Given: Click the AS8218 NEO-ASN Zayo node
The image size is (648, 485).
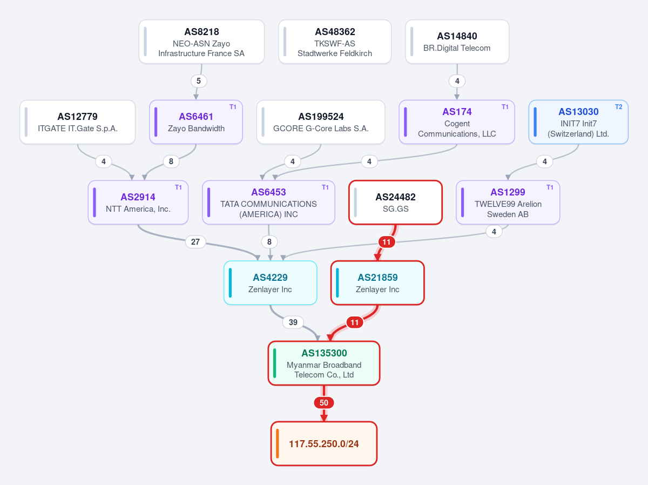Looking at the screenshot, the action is pyautogui.click(x=201, y=42).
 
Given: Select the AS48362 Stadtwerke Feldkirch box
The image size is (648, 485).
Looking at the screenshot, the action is pyautogui.click(x=335, y=42).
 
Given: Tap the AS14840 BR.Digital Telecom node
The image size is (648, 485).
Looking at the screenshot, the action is pyautogui.click(x=457, y=42).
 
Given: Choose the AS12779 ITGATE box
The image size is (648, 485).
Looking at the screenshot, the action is pyautogui.click(x=77, y=122).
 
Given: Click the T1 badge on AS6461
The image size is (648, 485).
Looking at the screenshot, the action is pyautogui.click(x=233, y=107).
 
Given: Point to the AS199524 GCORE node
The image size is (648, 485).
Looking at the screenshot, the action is pyautogui.click(x=321, y=122).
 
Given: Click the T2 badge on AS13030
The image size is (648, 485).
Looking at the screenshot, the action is pyautogui.click(x=618, y=107).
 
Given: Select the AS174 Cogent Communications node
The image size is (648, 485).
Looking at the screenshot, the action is pyautogui.click(x=457, y=122).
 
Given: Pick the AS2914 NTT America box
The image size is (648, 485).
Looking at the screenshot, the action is pyautogui.click(x=138, y=203).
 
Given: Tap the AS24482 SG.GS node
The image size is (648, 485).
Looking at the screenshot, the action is pyautogui.click(x=395, y=203).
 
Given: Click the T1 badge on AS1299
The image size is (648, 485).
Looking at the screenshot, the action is pyautogui.click(x=550, y=187).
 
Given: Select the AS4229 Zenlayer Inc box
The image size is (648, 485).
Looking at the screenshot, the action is pyautogui.click(x=270, y=283).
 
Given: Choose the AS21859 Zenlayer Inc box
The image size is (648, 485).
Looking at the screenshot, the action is pyautogui.click(x=377, y=283).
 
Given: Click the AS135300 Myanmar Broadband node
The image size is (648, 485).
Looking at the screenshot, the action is pyautogui.click(x=324, y=363).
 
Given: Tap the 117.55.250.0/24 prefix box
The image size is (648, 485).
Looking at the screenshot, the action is pyautogui.click(x=324, y=443).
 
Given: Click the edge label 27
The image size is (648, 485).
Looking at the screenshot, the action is pyautogui.click(x=195, y=242).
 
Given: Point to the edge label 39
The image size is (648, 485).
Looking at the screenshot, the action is pyautogui.click(x=293, y=322).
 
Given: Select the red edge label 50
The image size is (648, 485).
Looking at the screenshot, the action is pyautogui.click(x=324, y=403).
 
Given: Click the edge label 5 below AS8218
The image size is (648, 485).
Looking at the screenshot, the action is pyautogui.click(x=199, y=81).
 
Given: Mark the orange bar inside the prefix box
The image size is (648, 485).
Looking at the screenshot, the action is pyautogui.click(x=277, y=443).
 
